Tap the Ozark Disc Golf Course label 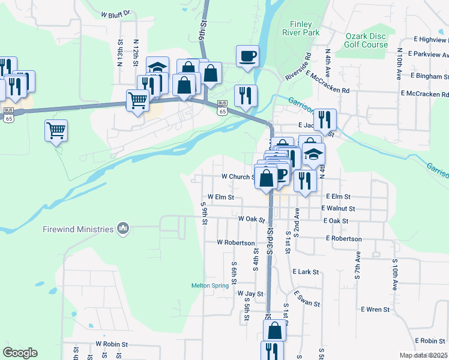click(x=366, y=40)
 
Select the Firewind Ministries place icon click(x=123, y=228)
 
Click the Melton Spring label click(x=210, y=286)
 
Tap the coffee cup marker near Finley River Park click(x=247, y=57)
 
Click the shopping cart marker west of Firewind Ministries click(x=56, y=130)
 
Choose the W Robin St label click(x=112, y=344)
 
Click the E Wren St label click(x=375, y=310)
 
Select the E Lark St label click(x=306, y=272)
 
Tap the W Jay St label click(x=250, y=294)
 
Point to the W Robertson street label click(x=236, y=243)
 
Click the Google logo click(x=20, y=353)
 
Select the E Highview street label click(x=426, y=40)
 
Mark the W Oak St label click(x=252, y=220)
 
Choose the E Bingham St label click(x=430, y=77)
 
